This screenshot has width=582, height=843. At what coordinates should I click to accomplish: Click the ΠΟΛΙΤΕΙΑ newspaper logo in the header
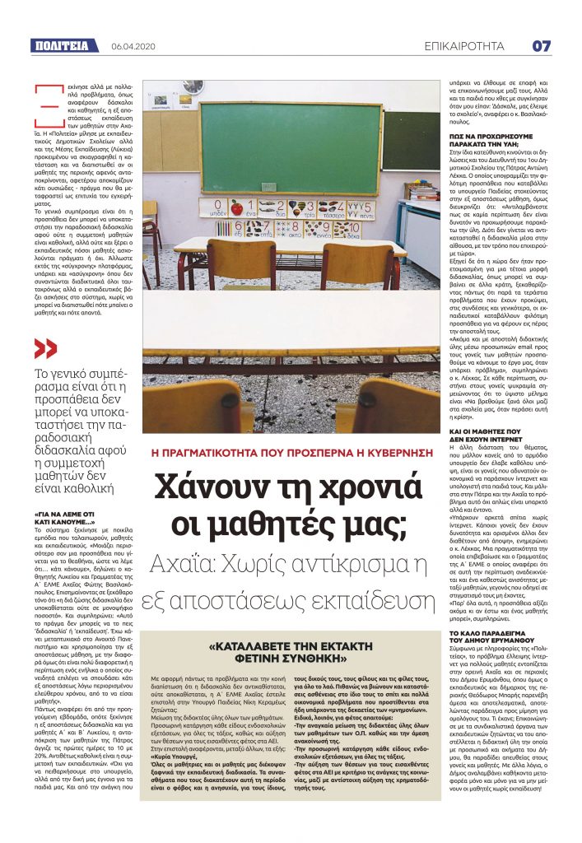pos(61,46)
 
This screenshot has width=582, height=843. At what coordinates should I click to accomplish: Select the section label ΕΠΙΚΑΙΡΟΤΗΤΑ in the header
pos(470,46)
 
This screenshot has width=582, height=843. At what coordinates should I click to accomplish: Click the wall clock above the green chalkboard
pos(193,86)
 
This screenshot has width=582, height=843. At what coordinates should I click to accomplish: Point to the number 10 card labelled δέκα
pos(349,229)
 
